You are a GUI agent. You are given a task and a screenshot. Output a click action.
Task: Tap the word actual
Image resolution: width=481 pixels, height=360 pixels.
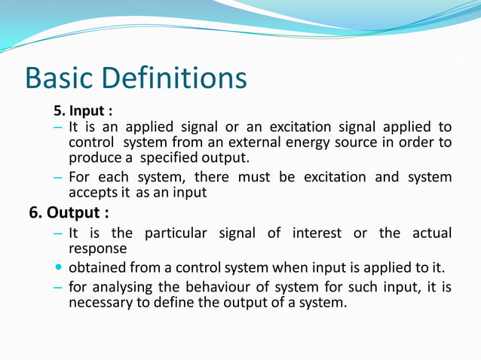pyautogui.click(x=431, y=233)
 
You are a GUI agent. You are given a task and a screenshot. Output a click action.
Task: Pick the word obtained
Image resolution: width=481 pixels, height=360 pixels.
pyautogui.click(x=97, y=268)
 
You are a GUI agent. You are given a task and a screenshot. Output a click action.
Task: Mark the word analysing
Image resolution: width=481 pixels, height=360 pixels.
pyautogui.click(x=124, y=287)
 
